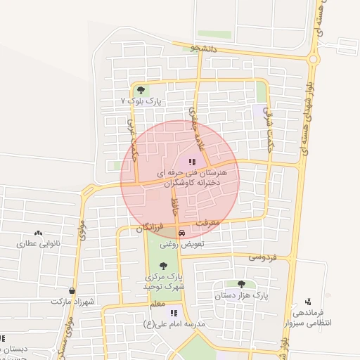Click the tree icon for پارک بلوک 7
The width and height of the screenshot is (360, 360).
141,90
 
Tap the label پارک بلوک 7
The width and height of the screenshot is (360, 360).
141,101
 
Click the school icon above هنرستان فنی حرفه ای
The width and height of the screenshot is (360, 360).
193,162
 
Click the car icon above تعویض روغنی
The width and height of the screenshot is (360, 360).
181,233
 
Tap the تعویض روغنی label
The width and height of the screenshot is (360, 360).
182,244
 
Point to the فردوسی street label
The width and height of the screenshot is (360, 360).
263,258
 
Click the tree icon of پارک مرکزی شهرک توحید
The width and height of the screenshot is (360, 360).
164,266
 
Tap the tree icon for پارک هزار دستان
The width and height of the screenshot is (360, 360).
241,284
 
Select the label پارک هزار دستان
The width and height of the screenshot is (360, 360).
242,295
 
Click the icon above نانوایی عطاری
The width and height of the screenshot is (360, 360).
38,233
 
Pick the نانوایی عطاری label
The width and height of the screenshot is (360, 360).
37,244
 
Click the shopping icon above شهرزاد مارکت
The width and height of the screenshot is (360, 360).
72,290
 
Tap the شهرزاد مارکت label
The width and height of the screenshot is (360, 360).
72,301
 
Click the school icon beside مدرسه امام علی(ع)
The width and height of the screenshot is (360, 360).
174,314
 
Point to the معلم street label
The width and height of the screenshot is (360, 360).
157,304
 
